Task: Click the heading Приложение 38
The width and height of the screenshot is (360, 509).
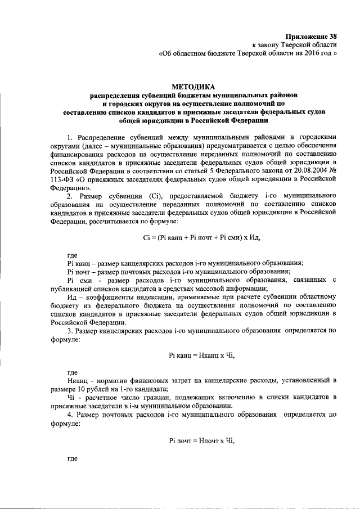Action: [312, 35]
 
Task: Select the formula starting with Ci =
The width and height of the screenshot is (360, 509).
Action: [201, 237]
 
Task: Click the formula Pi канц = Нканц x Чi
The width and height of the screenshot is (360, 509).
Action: [201, 355]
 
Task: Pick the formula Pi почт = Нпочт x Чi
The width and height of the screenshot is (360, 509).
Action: [201, 440]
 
